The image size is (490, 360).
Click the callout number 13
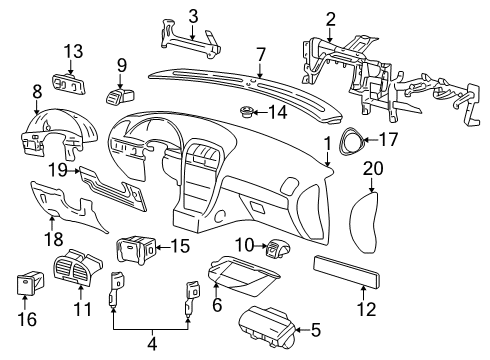point(75,51)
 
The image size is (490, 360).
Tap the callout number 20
point(371,169)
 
